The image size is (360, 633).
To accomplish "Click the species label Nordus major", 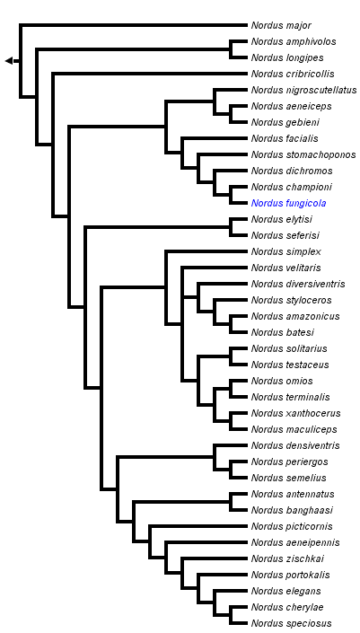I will pos(281,25).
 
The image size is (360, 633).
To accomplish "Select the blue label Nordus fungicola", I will pos(288,203).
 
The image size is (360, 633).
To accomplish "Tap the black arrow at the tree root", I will pos(9,60).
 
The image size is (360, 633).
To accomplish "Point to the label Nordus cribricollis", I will pos(293,74).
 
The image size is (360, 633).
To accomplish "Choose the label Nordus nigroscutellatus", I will pos(303,90).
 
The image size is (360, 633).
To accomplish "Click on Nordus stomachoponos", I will pos(303,154).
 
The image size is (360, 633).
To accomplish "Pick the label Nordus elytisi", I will pos(281,219).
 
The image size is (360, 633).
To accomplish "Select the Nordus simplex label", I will pos(285,251).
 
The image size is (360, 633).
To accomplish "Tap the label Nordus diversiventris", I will pos(298,284).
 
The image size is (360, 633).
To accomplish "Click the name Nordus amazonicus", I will pos(295,316).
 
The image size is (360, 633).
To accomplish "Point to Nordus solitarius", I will pos(289,348).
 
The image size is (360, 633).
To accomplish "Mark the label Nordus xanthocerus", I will pos(295,413).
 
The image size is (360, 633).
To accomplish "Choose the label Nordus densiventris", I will pos(295,445).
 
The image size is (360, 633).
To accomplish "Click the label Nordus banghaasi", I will pos(293,510).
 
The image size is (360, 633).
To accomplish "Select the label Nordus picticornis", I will pos(291,526).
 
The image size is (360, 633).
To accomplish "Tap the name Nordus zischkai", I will pos(286,558).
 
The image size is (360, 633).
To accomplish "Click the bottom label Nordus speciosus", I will pos(291,623).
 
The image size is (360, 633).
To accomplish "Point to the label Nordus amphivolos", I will pos(294,41).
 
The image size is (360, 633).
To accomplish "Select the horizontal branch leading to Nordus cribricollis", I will pos(149,74).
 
